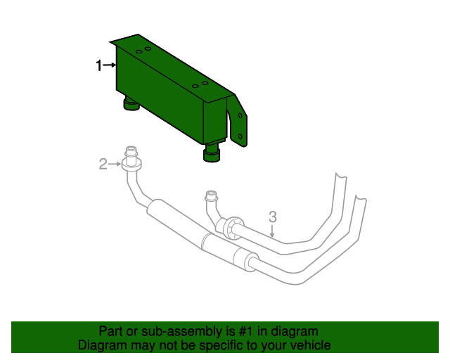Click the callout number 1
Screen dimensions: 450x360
(98, 65)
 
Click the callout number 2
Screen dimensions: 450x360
(103, 164)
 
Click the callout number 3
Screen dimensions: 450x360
(273, 217)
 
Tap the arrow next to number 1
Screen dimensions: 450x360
(110, 65)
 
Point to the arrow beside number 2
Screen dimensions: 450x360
(115, 164)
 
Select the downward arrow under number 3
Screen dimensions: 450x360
(272, 231)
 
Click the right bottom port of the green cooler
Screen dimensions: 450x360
(212, 153)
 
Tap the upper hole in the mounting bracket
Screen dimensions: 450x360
(240, 115)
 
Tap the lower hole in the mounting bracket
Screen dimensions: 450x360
(240, 136)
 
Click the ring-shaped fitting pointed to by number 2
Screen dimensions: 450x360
(131, 165)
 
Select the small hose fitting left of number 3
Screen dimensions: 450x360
(211, 195)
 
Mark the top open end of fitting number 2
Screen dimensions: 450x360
(131, 149)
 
